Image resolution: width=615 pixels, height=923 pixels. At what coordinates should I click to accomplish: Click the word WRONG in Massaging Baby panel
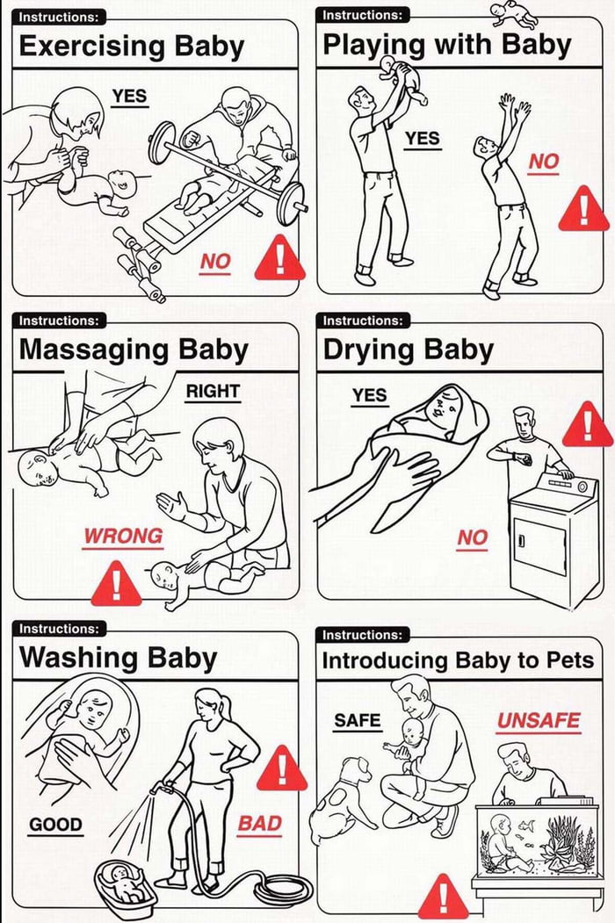[x=122, y=537]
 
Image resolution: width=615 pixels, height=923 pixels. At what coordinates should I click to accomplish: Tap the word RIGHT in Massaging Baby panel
[x=213, y=392]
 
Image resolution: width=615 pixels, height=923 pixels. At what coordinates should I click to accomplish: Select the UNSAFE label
[x=539, y=720]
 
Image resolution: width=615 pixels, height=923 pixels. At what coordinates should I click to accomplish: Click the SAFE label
[x=357, y=720]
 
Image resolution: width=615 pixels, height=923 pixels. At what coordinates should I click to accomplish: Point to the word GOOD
[x=55, y=824]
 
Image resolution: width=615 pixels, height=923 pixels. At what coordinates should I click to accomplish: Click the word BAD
[x=259, y=824]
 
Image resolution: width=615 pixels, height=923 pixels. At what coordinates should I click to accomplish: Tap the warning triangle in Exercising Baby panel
[x=279, y=258]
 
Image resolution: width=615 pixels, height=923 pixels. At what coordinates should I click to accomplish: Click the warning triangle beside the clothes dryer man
[x=587, y=425]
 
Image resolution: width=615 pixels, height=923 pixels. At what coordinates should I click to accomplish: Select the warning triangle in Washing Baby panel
[x=282, y=768]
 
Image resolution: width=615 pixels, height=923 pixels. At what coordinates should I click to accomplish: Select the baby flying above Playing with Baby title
[x=514, y=13]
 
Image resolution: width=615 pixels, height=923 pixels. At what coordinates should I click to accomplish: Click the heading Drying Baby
[x=409, y=350]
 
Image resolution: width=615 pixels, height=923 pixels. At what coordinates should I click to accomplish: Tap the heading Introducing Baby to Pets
[x=458, y=660]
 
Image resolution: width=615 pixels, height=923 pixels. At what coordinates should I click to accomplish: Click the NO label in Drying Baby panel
[x=473, y=537]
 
